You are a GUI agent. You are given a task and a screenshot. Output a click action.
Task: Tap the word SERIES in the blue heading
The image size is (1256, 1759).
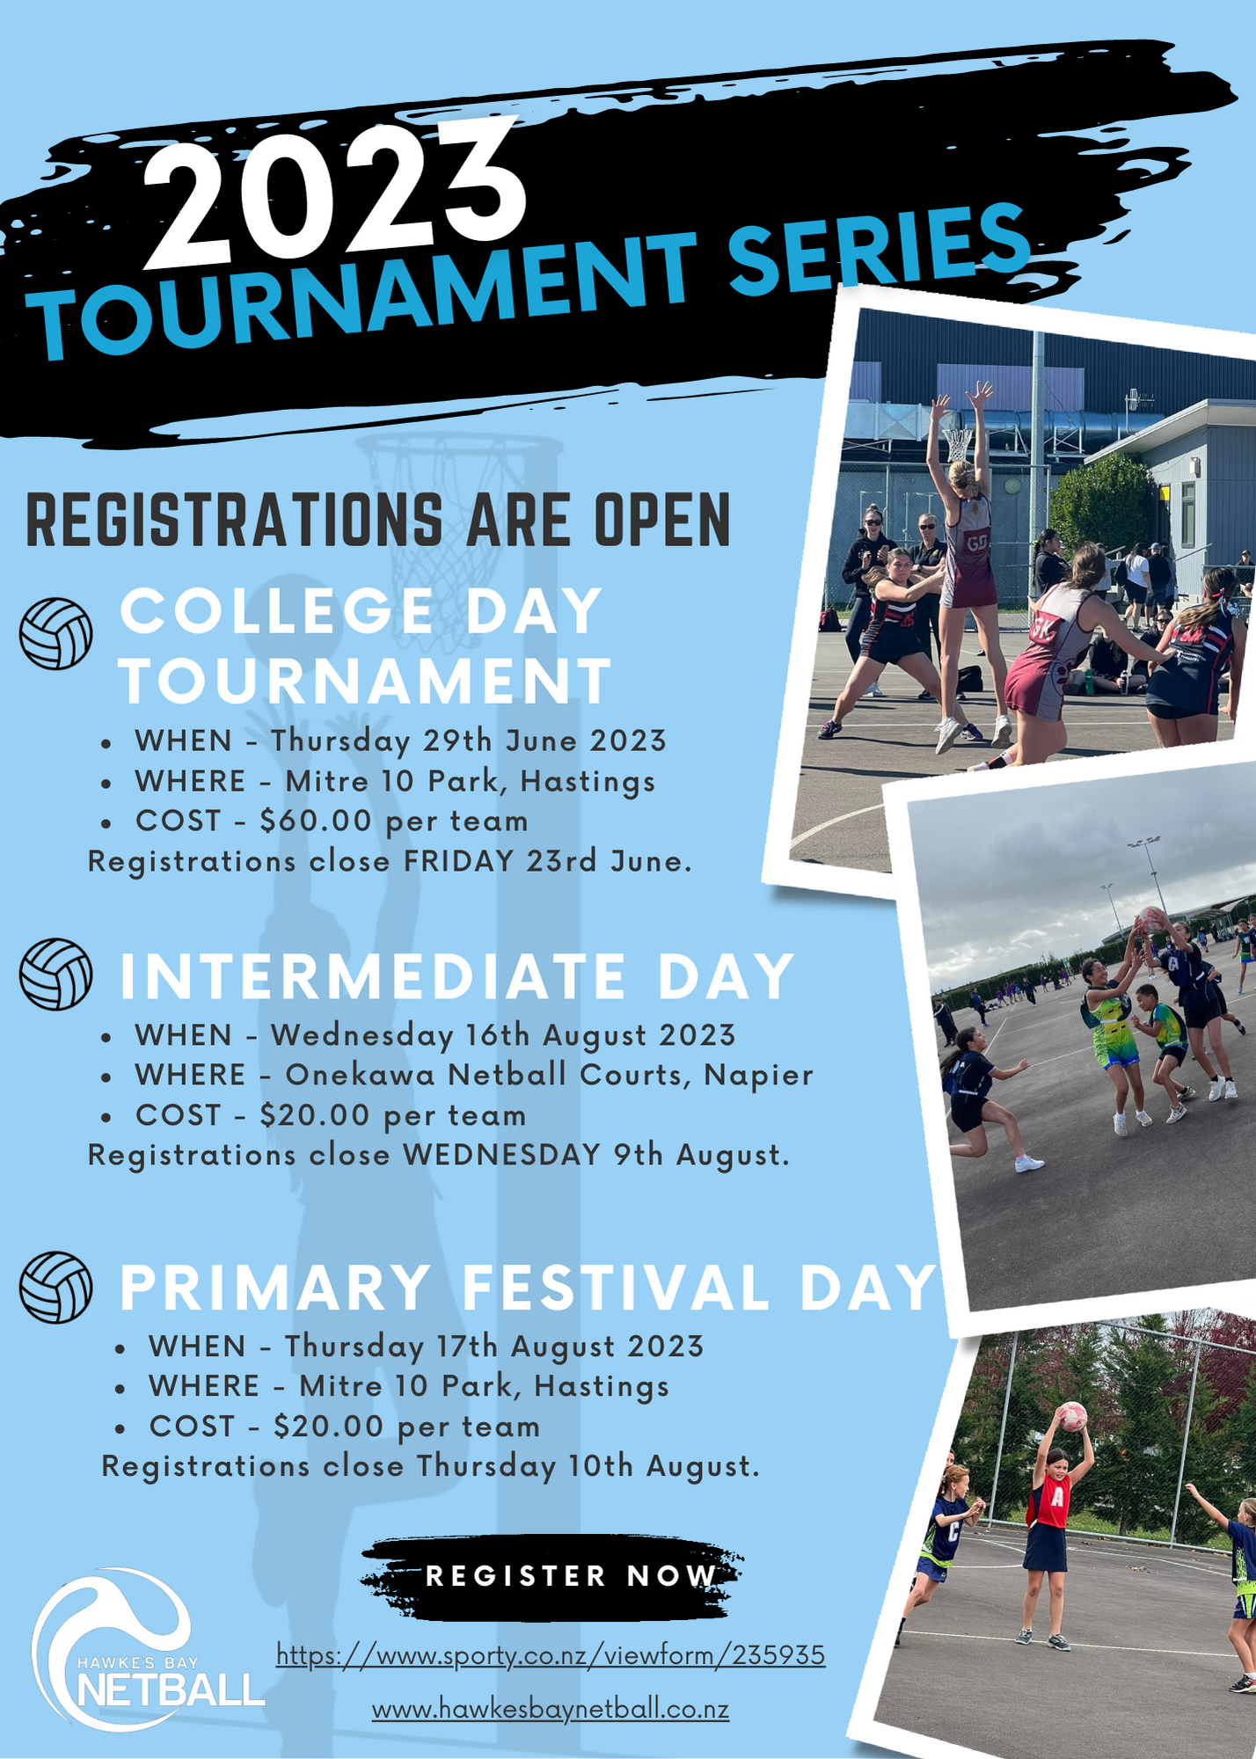point(881,249)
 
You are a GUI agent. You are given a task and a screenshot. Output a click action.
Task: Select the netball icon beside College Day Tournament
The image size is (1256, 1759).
point(56,633)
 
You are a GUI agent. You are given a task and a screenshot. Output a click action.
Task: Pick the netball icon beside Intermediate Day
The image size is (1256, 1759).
point(56,974)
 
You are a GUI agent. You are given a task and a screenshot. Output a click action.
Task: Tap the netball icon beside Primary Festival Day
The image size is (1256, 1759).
point(56,1287)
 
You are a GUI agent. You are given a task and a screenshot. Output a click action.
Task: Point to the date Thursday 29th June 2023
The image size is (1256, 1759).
point(468,741)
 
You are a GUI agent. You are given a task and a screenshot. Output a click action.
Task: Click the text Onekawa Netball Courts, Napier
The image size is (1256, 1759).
point(549,1075)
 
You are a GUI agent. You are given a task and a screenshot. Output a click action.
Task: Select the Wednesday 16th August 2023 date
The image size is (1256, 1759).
point(503,1035)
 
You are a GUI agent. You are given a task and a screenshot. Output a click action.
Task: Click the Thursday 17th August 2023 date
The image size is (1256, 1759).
point(493,1347)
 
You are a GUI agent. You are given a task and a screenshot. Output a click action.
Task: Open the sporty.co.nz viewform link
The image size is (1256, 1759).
point(551,1655)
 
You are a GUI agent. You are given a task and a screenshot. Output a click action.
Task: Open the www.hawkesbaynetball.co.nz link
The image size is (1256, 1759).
point(551,1710)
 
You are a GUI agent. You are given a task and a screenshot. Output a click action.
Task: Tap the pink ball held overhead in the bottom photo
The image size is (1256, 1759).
point(1071,1416)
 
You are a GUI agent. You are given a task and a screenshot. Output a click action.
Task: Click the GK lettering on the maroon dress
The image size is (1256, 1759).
point(1044,628)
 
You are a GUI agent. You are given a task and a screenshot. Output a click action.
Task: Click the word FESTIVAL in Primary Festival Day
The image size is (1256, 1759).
point(616,1288)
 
